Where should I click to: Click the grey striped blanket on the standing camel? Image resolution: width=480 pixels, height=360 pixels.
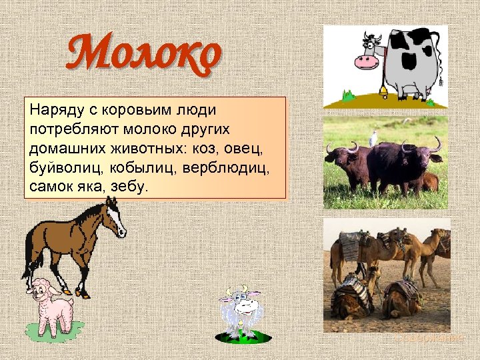(x=349, y=246)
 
